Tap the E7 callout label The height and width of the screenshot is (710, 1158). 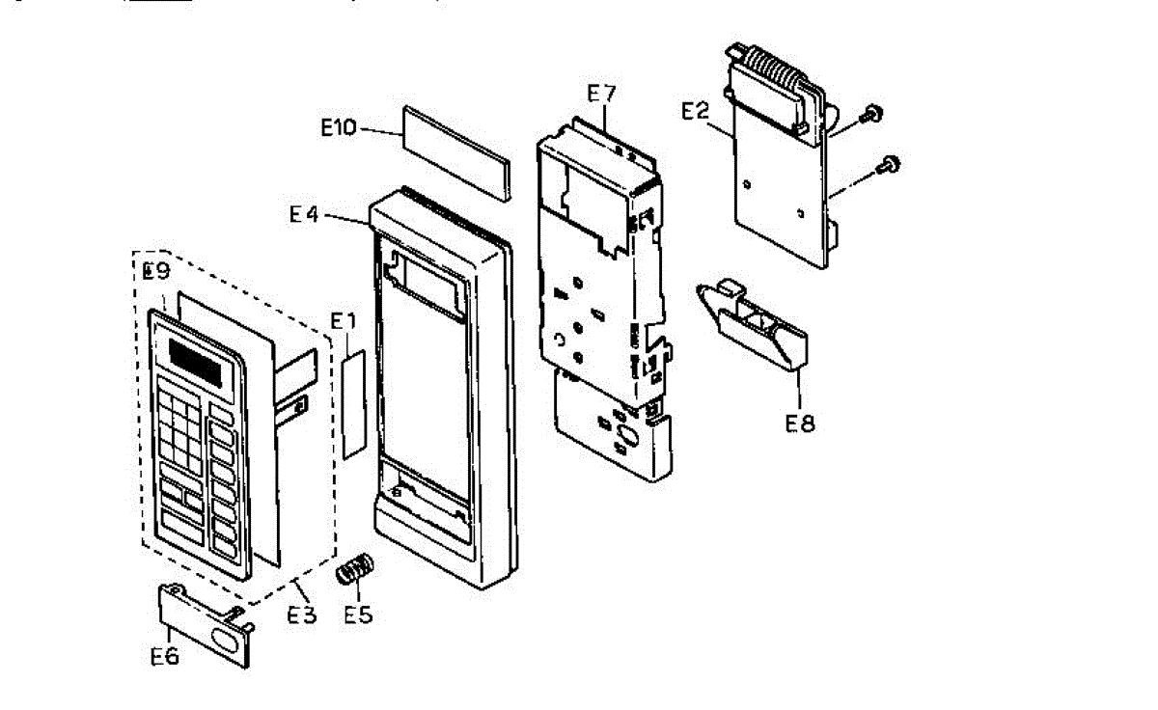(x=601, y=93)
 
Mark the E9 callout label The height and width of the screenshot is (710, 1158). (x=156, y=271)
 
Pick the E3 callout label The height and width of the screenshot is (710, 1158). (x=302, y=613)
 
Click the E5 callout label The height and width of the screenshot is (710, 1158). (x=358, y=613)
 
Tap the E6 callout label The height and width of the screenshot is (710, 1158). (x=165, y=656)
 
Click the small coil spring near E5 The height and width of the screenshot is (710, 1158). (x=354, y=569)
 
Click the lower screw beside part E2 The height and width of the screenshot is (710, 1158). (x=889, y=164)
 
